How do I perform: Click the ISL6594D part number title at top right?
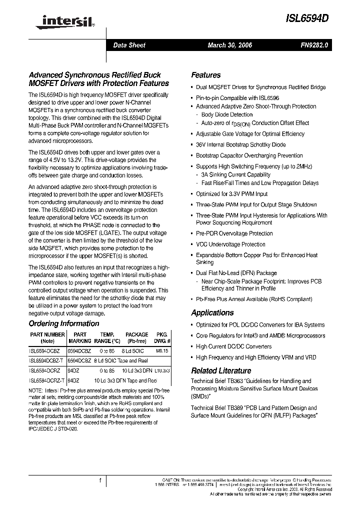tap(306, 17)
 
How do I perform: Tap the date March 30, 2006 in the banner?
tap(229, 45)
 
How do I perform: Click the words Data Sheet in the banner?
tap(129, 45)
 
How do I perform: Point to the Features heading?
tap(205, 75)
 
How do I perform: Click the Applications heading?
tap(212, 312)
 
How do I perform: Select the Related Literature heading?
tap(221, 370)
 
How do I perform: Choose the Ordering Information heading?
tap(63, 323)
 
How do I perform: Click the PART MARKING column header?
tap(80, 337)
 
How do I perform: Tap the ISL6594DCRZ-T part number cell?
tap(47, 380)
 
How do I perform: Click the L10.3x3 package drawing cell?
tap(162, 370)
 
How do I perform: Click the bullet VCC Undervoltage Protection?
tap(230, 244)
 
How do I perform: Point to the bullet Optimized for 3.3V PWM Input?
tap(231, 193)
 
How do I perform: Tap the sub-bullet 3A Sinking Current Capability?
tap(235, 175)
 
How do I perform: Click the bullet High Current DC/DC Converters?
tap(233, 346)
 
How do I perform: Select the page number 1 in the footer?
tap(100, 481)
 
